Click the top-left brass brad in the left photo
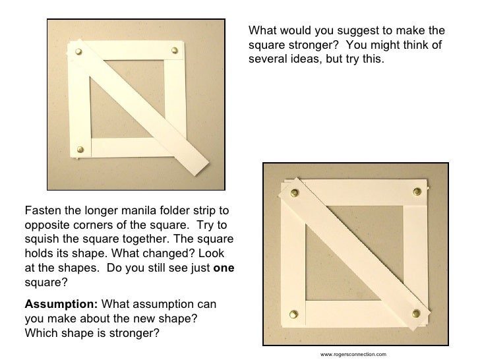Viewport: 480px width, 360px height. click(80, 51)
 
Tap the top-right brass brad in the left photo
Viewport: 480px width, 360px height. click(175, 49)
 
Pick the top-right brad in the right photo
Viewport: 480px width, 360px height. click(417, 192)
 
